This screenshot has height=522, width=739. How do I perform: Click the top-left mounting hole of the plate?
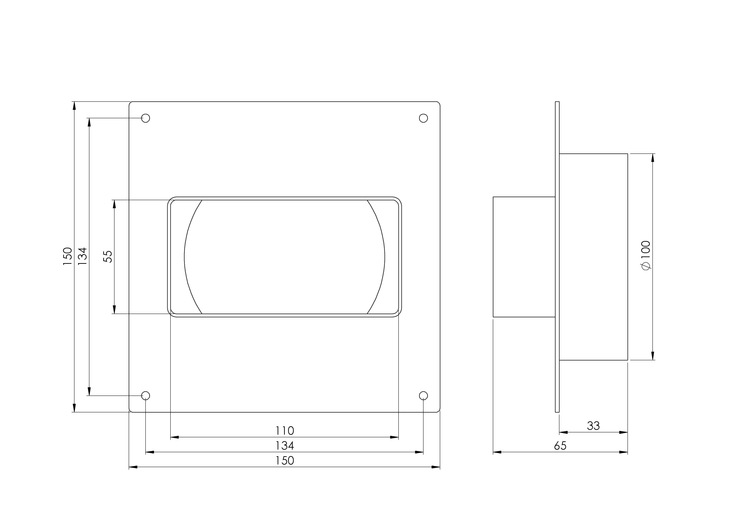pos(146,118)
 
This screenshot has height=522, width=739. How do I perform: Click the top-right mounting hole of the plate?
pos(423,118)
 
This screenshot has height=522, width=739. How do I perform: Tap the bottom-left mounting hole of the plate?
pos(146,396)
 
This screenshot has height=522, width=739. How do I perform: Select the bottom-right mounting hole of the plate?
pos(423,396)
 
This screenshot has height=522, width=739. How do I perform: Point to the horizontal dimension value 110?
pos(285,431)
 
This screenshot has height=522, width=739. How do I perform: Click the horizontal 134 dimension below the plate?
pos(285,446)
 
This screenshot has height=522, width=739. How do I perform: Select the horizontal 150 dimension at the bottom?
pos(285,461)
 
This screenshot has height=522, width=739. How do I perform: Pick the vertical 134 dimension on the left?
pos(82,256)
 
